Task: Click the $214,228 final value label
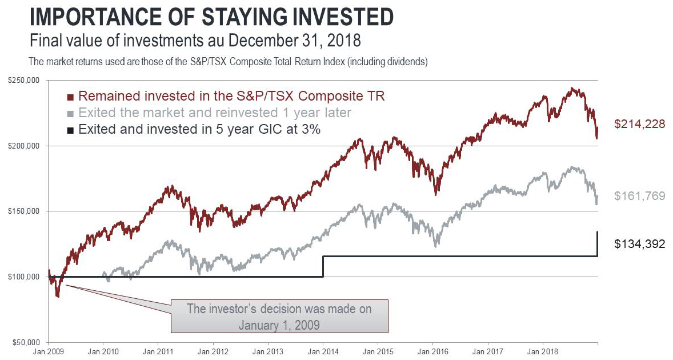tap(640, 123)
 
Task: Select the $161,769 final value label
tap(640, 196)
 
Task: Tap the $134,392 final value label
tap(640, 244)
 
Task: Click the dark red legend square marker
tap(70, 97)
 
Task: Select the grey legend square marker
tap(70, 113)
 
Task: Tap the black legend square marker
tap(70, 130)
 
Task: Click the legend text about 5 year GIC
tap(199, 130)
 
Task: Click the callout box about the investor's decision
tap(279, 315)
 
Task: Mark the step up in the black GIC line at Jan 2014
tap(323, 266)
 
